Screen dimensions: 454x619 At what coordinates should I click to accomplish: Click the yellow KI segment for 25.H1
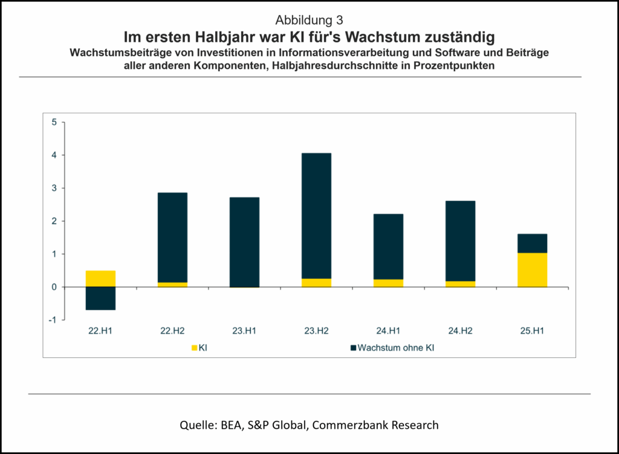pyautogui.click(x=532, y=270)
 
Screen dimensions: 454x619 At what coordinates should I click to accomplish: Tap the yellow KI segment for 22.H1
pyautogui.click(x=100, y=279)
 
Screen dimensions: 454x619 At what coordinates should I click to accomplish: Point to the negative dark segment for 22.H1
pyautogui.click(x=100, y=298)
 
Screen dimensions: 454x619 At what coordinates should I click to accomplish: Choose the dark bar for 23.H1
pyautogui.click(x=244, y=242)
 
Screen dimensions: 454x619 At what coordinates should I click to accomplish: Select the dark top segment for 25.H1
pyautogui.click(x=532, y=243)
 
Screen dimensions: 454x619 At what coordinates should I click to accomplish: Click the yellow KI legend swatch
pyautogui.click(x=194, y=348)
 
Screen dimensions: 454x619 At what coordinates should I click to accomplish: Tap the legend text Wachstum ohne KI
pyautogui.click(x=395, y=348)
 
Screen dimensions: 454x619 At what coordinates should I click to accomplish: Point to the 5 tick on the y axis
pyautogui.click(x=54, y=123)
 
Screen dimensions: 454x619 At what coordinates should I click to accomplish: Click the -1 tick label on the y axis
pyautogui.click(x=53, y=320)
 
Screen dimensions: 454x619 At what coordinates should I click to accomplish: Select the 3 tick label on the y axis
pyautogui.click(x=54, y=189)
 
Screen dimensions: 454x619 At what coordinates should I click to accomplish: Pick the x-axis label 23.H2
pyautogui.click(x=316, y=330)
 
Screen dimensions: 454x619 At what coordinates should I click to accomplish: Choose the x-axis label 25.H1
pyautogui.click(x=532, y=330)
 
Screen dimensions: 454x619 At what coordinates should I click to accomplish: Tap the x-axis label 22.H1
pyautogui.click(x=100, y=330)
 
